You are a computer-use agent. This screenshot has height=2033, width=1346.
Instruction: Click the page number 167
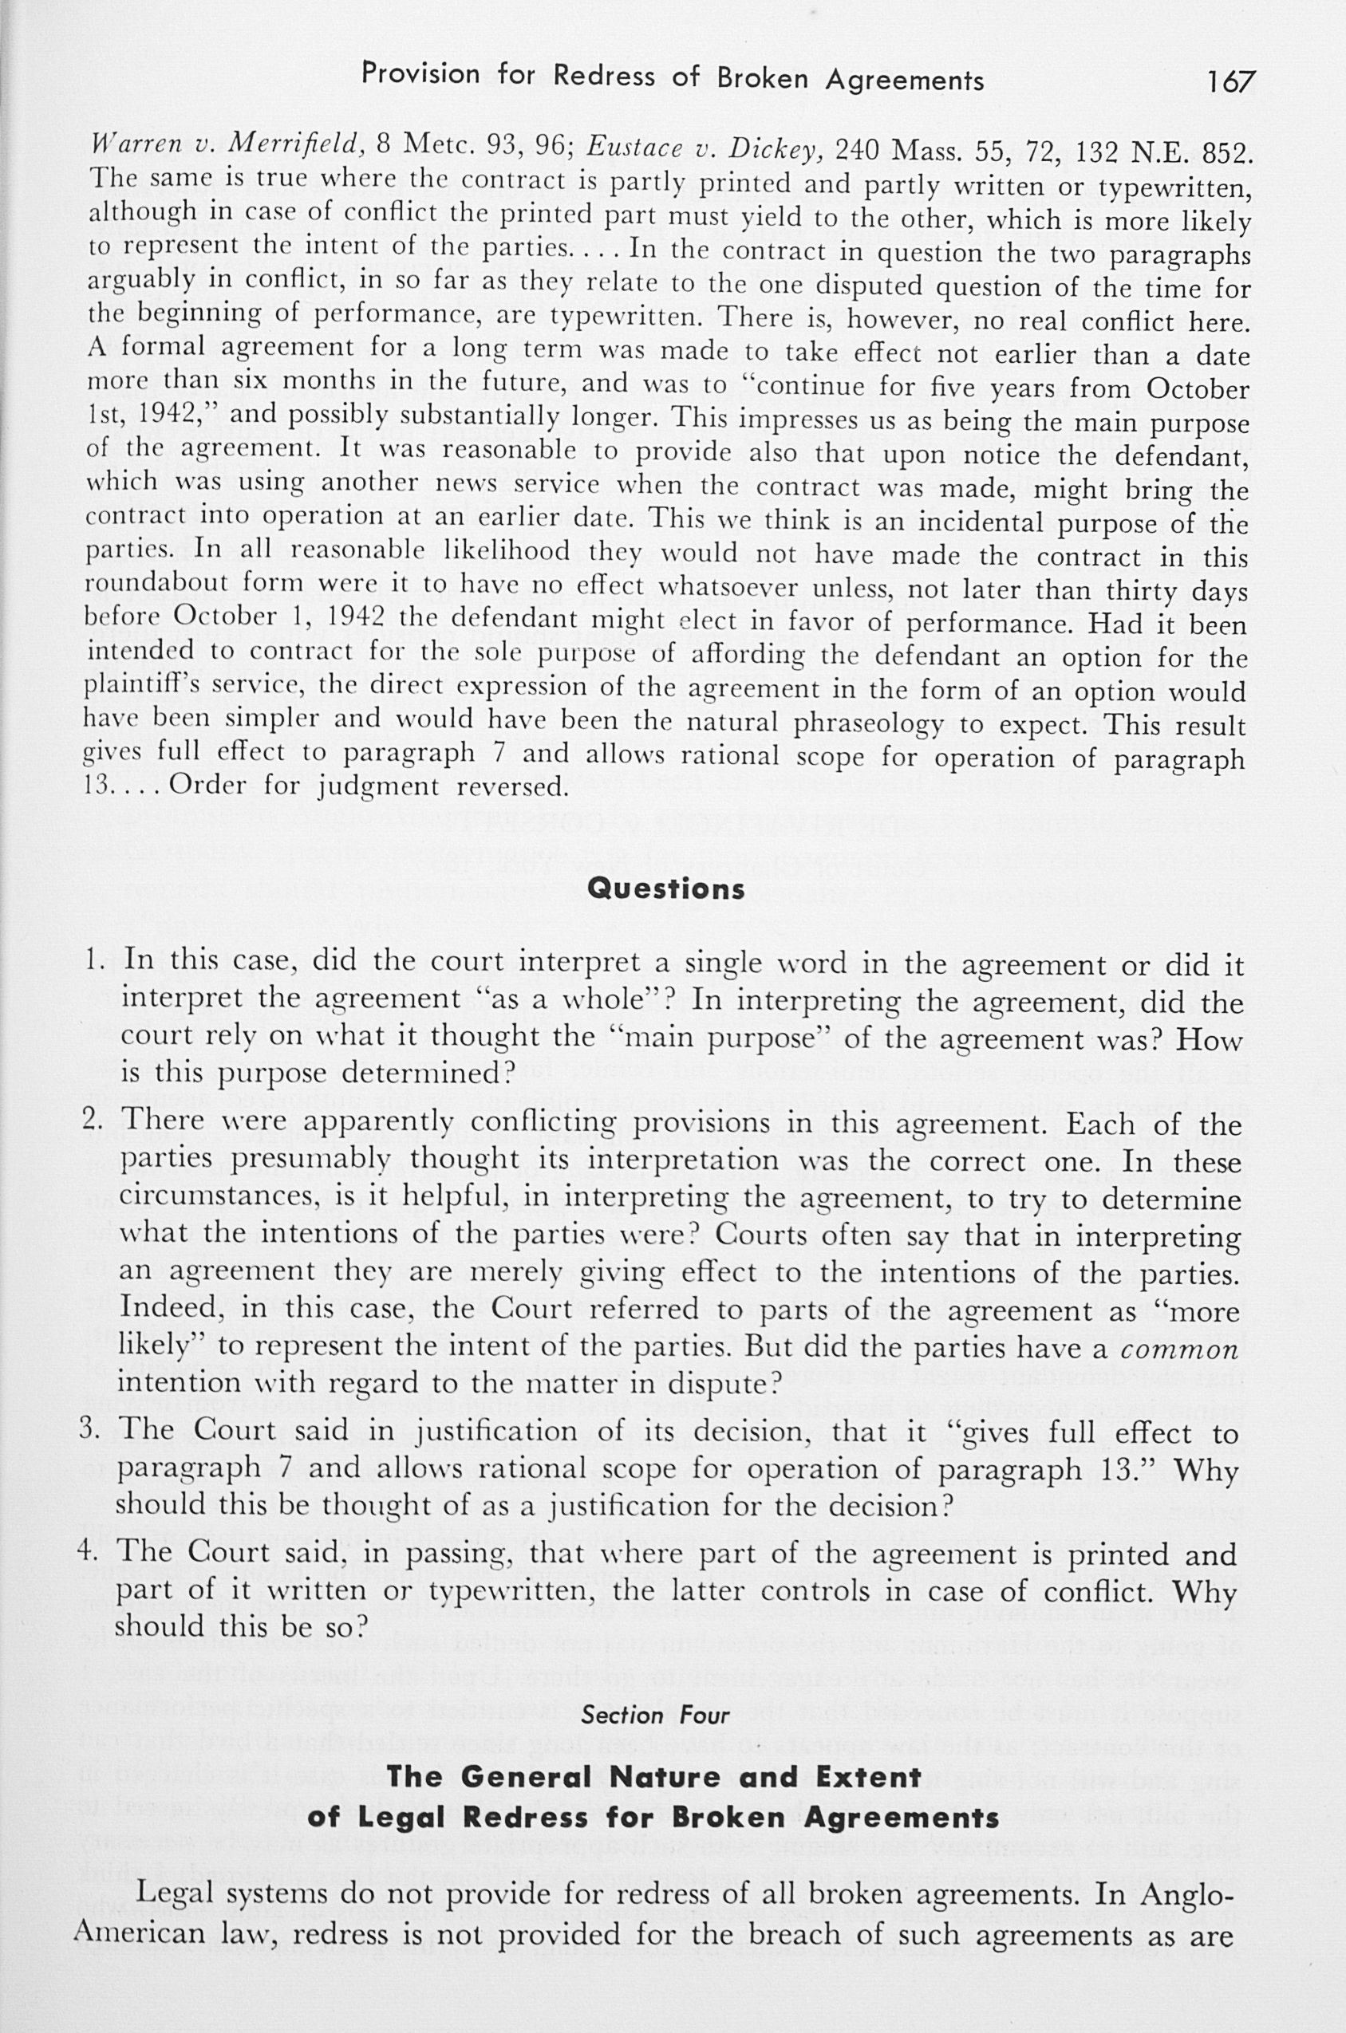(x=1230, y=81)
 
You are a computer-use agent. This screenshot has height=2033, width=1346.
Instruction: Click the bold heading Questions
(x=665, y=888)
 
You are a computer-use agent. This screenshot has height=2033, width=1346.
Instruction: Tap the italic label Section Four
(x=655, y=1715)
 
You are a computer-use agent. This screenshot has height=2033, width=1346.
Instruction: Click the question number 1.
(x=94, y=959)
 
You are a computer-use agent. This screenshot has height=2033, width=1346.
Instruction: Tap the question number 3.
(x=91, y=1430)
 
